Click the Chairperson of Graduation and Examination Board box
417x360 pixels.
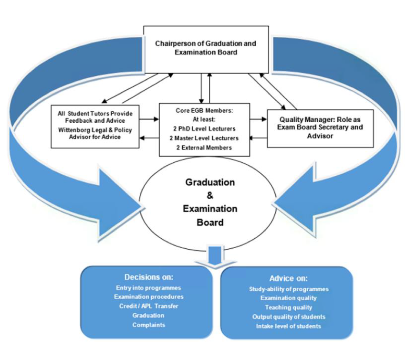click(x=205, y=48)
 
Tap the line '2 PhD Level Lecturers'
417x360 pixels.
click(x=204, y=129)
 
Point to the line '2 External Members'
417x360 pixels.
click(x=204, y=147)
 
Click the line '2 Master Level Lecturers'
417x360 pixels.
click(x=204, y=138)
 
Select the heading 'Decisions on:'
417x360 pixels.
click(x=148, y=277)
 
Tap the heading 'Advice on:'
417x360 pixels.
click(x=289, y=278)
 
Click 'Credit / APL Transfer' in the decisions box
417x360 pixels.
click(x=148, y=306)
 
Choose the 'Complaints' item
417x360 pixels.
click(x=148, y=325)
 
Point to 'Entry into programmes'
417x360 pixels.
click(x=148, y=288)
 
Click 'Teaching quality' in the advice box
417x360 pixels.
click(x=289, y=307)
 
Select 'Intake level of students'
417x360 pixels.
click(x=289, y=326)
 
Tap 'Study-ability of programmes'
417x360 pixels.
click(x=289, y=289)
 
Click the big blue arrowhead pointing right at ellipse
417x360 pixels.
click(x=119, y=201)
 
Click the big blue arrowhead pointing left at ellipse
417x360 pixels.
click(x=298, y=201)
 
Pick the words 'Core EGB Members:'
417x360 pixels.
click(x=204, y=111)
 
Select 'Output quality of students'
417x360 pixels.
click(x=289, y=317)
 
